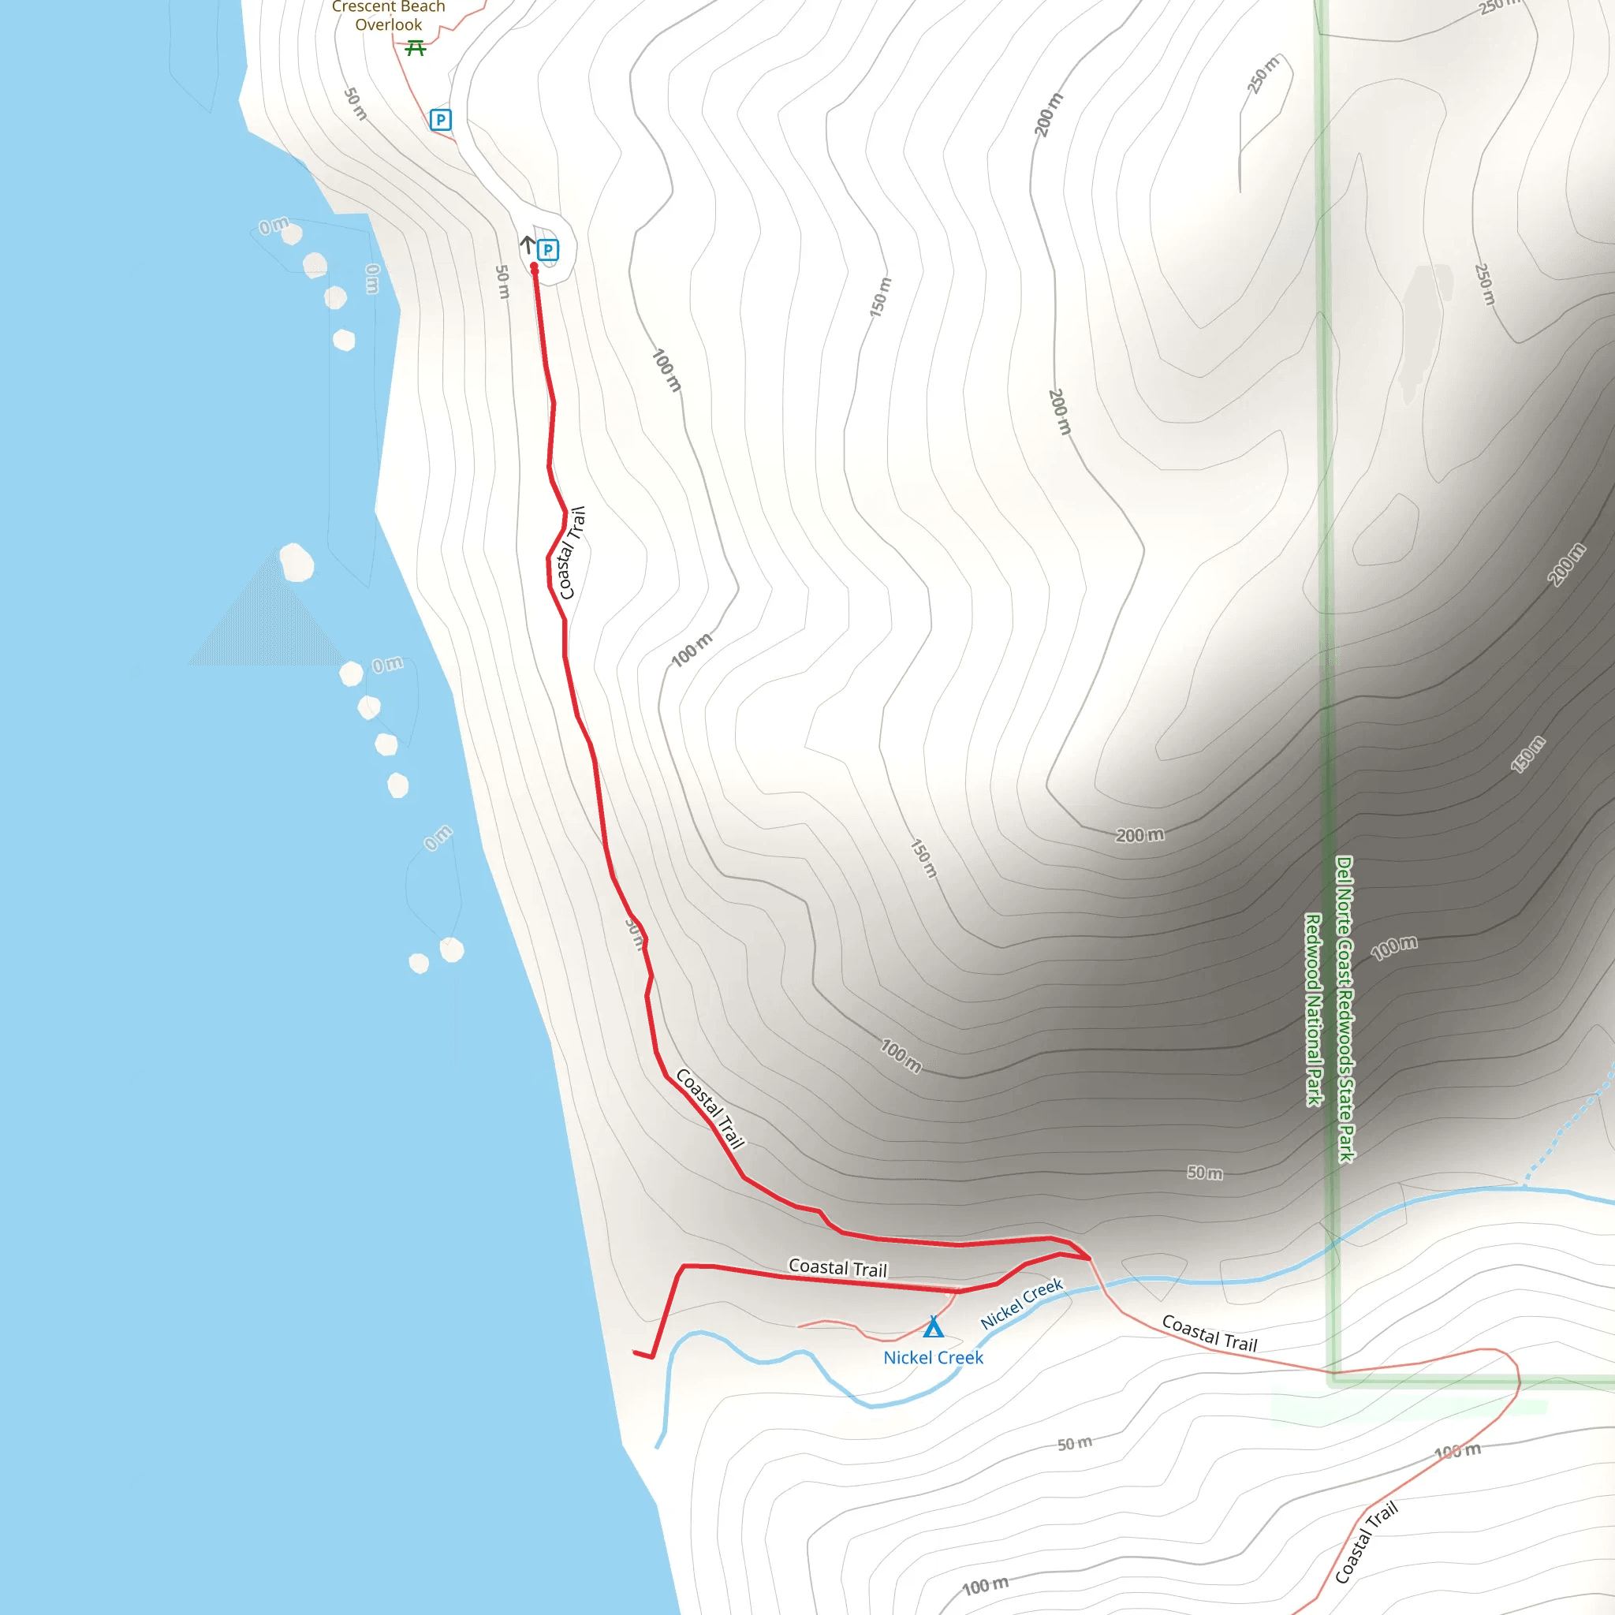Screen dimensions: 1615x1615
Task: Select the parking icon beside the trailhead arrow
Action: click(547, 249)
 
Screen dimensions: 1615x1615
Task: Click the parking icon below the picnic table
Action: click(441, 120)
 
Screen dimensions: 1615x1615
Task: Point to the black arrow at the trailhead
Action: click(528, 244)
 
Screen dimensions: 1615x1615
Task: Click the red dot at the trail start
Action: click(534, 267)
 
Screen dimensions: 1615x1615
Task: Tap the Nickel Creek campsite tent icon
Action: click(933, 1327)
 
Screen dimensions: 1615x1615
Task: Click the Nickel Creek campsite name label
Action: click(933, 1358)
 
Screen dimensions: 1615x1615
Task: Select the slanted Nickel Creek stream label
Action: click(1020, 1304)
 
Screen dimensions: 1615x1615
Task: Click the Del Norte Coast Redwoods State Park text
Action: click(1345, 1008)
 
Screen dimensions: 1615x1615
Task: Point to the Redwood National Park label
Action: click(1313, 1009)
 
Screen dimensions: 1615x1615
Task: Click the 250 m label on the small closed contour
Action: click(1263, 75)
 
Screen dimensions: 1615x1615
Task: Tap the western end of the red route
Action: click(636, 1352)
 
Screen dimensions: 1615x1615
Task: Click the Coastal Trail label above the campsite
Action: click(837, 1268)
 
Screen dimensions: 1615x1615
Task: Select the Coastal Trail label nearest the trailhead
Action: click(573, 553)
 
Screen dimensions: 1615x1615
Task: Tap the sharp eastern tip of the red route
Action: click(1089, 1257)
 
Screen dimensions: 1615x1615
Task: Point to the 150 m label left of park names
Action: click(923, 859)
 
